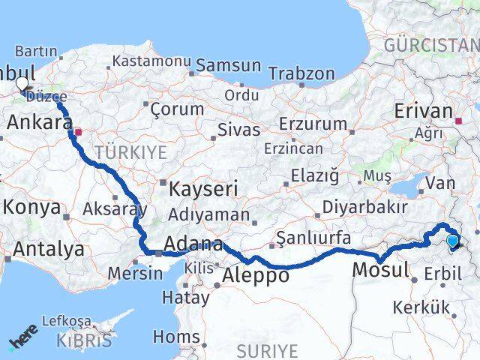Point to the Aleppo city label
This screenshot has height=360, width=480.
(256, 275)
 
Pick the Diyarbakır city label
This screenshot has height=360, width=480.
(364, 207)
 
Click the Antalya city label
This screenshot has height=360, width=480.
(49, 249)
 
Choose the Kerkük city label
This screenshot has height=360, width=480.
(420, 307)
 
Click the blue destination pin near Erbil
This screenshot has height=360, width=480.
(452, 241)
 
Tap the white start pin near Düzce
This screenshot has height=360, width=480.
(22, 84)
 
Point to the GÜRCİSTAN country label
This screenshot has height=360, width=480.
(430, 45)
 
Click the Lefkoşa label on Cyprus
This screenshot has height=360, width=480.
(65, 321)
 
